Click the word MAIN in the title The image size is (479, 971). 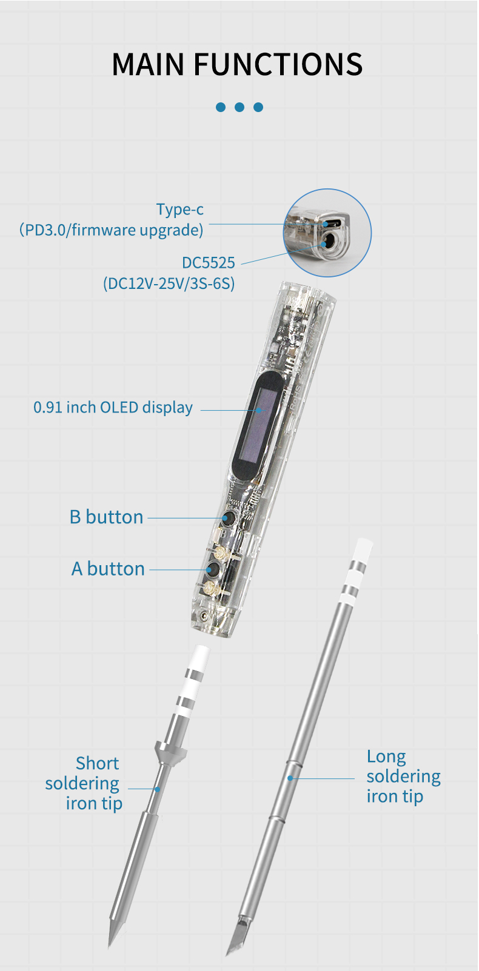coord(149,64)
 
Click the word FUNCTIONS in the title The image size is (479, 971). coord(278,64)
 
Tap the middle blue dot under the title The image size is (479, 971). coord(239,107)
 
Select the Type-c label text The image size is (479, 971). coord(179,210)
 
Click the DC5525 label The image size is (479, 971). coord(208,263)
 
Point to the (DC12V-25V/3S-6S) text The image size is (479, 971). coord(169,283)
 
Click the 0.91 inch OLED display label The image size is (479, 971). coord(113,408)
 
